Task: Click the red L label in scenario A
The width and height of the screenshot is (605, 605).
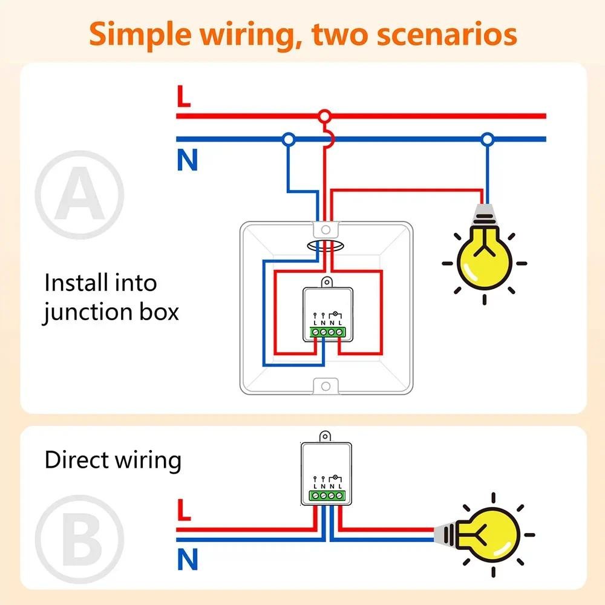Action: (183, 97)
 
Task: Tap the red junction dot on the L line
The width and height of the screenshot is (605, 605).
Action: (325, 116)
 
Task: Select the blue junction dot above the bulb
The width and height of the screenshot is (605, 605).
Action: (487, 140)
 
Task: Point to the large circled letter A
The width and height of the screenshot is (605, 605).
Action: (79, 195)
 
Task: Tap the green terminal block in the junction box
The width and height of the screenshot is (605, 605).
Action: (327, 332)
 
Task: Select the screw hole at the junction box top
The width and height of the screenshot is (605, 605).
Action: (325, 229)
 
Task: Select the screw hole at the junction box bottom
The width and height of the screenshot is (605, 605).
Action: (325, 385)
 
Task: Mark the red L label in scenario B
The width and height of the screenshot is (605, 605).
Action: (184, 511)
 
